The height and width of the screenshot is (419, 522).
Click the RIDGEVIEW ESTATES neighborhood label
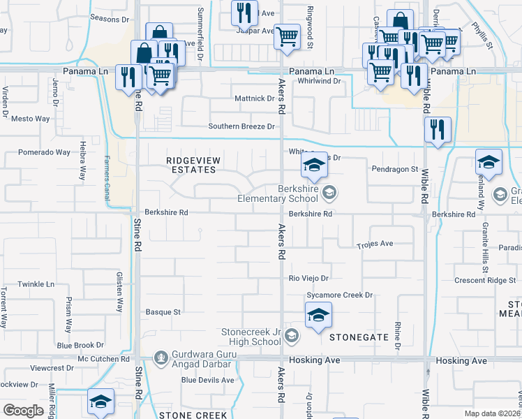(193, 166)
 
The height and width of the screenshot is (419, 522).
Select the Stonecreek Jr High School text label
(251, 337)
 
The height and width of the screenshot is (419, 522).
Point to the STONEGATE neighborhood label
(359, 337)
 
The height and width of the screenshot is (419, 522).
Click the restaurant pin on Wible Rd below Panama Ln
(438, 130)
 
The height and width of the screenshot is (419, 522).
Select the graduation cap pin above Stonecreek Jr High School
(318, 315)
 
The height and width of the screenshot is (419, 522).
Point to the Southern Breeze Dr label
(242, 126)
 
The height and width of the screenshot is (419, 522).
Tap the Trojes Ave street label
(375, 244)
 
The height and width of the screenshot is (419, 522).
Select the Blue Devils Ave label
(208, 380)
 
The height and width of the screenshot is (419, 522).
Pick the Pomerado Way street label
(44, 152)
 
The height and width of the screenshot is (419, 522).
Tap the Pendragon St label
(394, 169)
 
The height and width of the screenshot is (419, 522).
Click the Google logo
(23, 410)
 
